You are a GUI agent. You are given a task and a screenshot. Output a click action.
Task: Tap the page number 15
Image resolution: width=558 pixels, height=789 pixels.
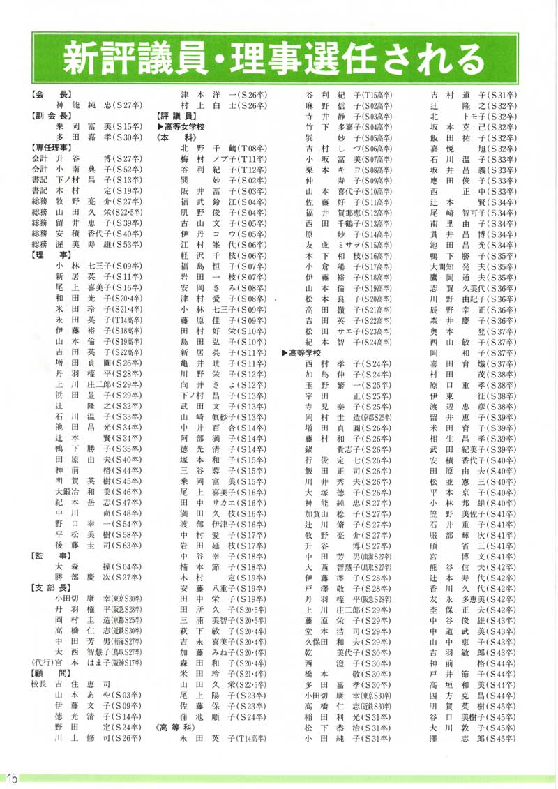[x=14, y=776]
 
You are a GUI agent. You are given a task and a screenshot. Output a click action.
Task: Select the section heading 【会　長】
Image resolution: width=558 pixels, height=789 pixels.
[x=48, y=93]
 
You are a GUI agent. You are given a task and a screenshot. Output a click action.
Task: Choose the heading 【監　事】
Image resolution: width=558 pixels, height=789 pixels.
[x=48, y=555]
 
